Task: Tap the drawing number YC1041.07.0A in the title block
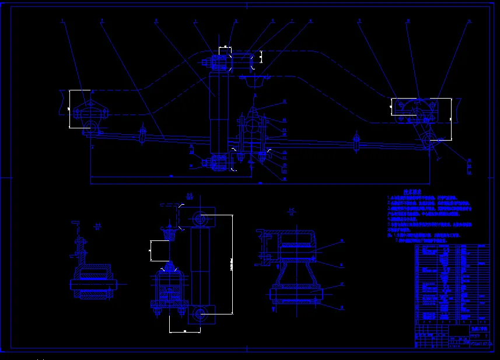pos(481,345)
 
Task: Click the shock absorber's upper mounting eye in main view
pos(220,64)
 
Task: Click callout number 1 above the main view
pos(62,21)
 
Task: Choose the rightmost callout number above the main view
pos(469,21)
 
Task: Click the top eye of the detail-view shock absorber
pos(200,220)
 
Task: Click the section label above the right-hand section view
pos(291,211)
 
